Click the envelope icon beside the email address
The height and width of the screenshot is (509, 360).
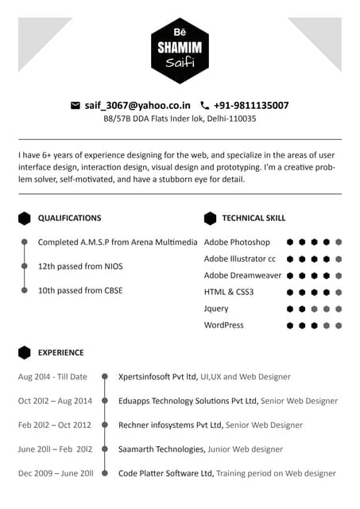pyautogui.click(x=75, y=105)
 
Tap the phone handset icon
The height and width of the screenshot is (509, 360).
pyautogui.click(x=204, y=105)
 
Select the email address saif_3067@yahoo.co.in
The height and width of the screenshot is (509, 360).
pyautogui.click(x=137, y=105)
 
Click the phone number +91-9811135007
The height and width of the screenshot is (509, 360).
pyautogui.click(x=250, y=105)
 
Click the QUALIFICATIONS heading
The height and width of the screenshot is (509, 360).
pyautogui.click(x=69, y=218)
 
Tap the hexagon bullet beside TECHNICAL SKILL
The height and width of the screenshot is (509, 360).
pyautogui.click(x=210, y=218)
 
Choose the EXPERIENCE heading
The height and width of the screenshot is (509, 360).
pyautogui.click(x=60, y=352)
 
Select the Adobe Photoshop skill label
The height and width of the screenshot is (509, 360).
pyautogui.click(x=237, y=242)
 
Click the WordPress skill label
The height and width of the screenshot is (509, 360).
pyautogui.click(x=224, y=325)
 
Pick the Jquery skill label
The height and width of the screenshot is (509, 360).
pyautogui.click(x=216, y=309)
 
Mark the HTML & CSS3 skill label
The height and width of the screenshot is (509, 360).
pyautogui.click(x=229, y=292)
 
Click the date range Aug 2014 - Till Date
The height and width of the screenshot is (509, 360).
pyautogui.click(x=52, y=377)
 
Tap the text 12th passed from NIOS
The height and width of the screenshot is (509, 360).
pyautogui.click(x=80, y=266)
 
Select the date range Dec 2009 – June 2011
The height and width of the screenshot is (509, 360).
pyautogui.click(x=56, y=473)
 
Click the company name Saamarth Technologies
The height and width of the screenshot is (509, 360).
pyautogui.click(x=161, y=449)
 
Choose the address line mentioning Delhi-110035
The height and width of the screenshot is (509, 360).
pyautogui.click(x=180, y=119)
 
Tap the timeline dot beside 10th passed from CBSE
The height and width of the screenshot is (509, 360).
pyautogui.click(x=25, y=291)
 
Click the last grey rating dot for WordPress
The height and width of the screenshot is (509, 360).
pyautogui.click(x=339, y=325)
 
